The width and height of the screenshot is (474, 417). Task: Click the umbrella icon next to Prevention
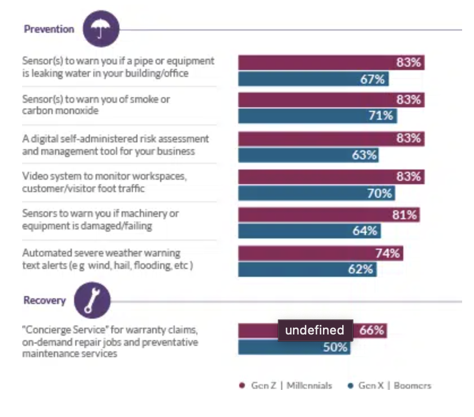coord(101,29)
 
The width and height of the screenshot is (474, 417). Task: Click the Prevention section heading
coord(49,29)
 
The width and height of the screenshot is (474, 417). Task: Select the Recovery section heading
coord(45,301)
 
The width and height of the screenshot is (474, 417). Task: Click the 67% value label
coord(372,79)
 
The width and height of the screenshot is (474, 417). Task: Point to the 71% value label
coord(381,116)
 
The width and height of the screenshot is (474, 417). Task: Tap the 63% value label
coord(364,154)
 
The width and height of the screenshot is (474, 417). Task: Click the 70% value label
coord(379,193)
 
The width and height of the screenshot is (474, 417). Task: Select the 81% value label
coord(404,215)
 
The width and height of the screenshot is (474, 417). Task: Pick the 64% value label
coord(365,231)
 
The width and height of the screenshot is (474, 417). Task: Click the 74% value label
coord(387,254)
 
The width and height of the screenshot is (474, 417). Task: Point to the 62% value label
coord(360,270)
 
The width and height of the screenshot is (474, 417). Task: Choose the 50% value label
coord(335,347)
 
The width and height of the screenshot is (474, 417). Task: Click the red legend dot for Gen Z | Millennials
coord(242,386)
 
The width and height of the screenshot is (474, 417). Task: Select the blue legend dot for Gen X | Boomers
coord(350,386)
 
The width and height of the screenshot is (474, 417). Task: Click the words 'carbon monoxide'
coord(60,111)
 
